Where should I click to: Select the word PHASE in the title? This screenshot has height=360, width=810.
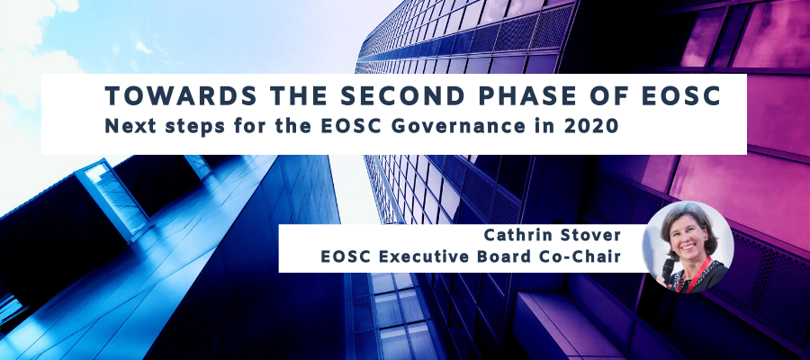pyautogui.click(x=479, y=96)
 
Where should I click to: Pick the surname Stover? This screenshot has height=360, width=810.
pyautogui.click(x=594, y=236)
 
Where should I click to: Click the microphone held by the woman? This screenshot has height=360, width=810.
pyautogui.click(x=668, y=270)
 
